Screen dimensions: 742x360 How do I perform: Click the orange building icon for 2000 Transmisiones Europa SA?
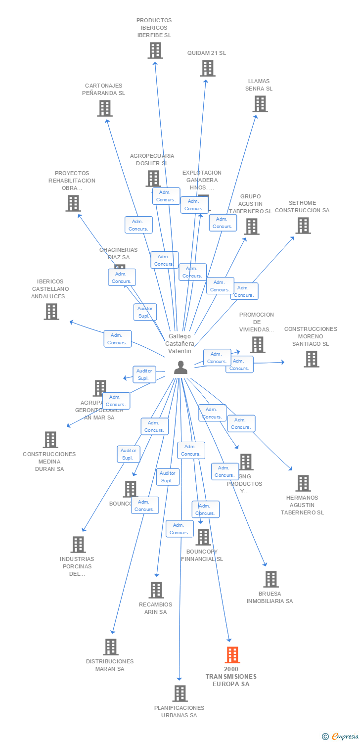pyautogui.click(x=232, y=655)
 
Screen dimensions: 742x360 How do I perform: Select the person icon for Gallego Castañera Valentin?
pyautogui.click(x=180, y=367)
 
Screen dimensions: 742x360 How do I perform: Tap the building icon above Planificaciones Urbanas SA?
pyautogui.click(x=180, y=694)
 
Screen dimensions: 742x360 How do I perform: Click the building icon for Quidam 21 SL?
pyautogui.click(x=208, y=68)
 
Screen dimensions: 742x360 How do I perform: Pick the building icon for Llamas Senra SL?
pyautogui.click(x=260, y=104)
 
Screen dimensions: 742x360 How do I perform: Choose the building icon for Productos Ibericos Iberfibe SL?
pyautogui.click(x=155, y=50)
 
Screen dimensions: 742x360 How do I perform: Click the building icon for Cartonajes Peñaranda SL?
pyautogui.click(x=105, y=108)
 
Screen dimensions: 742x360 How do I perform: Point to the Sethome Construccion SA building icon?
pyautogui.click(x=303, y=226)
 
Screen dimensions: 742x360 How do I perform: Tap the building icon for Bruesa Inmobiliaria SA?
pyautogui.click(x=270, y=579)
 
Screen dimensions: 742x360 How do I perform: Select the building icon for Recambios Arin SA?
pyautogui.click(x=156, y=590)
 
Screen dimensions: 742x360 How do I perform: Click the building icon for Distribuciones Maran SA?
pyautogui.click(x=111, y=647)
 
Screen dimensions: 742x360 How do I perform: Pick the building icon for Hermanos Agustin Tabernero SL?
pyautogui.click(x=303, y=483)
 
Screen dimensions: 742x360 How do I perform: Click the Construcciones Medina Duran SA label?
pyautogui.click(x=49, y=462)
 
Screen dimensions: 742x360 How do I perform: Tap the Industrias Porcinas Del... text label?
pyautogui.click(x=77, y=566)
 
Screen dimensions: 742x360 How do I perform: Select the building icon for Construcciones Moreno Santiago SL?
pyautogui.click(x=311, y=359)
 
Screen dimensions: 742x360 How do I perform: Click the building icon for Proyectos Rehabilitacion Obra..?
pyautogui.click(x=73, y=203)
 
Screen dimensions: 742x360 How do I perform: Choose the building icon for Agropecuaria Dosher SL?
pyautogui.click(x=153, y=179)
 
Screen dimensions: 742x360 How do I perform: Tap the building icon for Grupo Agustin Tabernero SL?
pyautogui.click(x=251, y=227)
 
